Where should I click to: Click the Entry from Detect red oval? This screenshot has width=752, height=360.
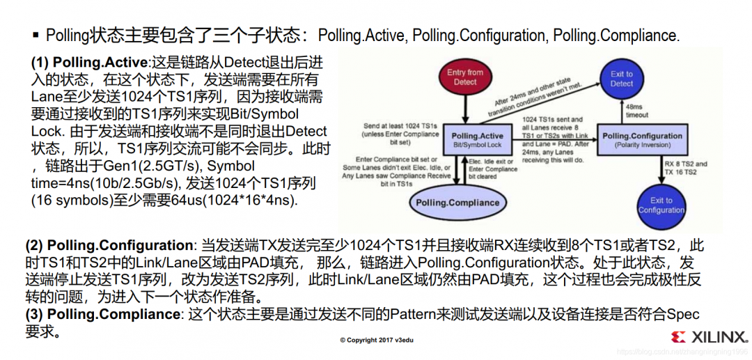click(x=465, y=77)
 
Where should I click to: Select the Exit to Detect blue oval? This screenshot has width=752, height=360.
click(x=622, y=78)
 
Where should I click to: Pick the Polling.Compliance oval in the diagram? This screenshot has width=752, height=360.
click(x=457, y=203)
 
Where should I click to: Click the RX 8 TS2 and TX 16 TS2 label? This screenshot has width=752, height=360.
click(x=686, y=168)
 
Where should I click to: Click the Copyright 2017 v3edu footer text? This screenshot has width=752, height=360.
click(x=376, y=340)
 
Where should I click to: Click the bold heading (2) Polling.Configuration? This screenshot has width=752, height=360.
click(x=109, y=246)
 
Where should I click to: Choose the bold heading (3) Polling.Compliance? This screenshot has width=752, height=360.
click(x=102, y=315)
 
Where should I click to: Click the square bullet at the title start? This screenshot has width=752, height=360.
click(x=36, y=35)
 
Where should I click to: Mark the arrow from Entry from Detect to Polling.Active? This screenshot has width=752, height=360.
click(x=465, y=104)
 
